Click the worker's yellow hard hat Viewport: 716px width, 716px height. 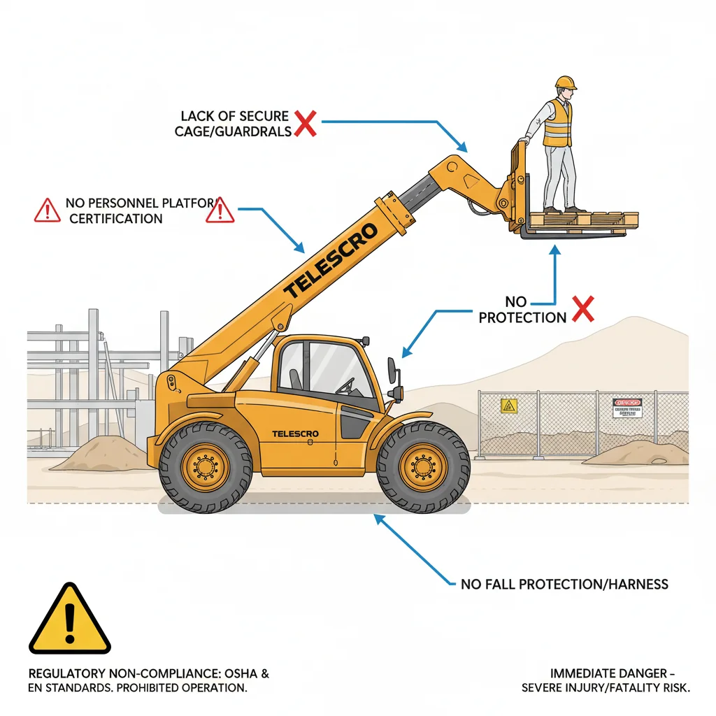pyautogui.click(x=566, y=83)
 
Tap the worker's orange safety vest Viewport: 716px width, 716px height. pyautogui.click(x=557, y=123)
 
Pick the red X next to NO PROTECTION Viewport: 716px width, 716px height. pyautogui.click(x=582, y=309)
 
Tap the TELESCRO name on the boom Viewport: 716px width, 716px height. pyautogui.click(x=331, y=259)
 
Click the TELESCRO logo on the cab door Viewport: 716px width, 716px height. pyautogui.click(x=295, y=434)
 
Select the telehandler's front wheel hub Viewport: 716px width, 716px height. pyautogui.click(x=422, y=466)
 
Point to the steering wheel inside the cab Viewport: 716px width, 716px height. pyautogui.click(x=345, y=385)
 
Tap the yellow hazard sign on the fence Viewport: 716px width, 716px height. pyautogui.click(x=508, y=406)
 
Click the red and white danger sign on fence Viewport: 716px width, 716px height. pyautogui.click(x=626, y=407)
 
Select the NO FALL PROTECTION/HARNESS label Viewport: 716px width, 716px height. pyautogui.click(x=564, y=584)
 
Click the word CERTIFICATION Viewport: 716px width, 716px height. pyautogui.click(x=116, y=218)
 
